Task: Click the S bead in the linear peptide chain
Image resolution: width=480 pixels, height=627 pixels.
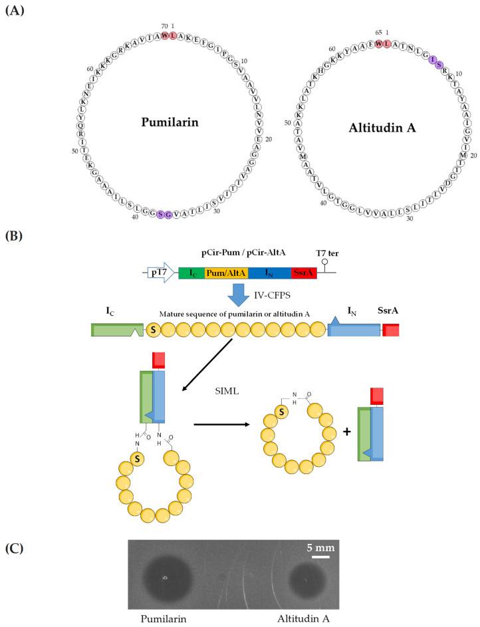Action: (152, 330)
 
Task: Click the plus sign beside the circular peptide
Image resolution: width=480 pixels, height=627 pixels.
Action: (346, 430)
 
